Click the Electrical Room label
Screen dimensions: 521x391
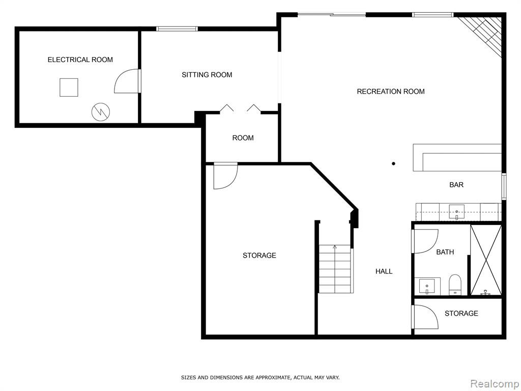(80, 60)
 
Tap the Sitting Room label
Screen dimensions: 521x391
(207, 75)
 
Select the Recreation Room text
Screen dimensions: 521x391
(390, 92)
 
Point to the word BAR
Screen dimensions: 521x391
(456, 185)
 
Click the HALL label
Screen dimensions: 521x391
(384, 271)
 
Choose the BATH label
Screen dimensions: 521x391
(445, 252)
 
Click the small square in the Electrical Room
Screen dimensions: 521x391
(69, 88)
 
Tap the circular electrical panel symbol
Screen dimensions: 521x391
(101, 112)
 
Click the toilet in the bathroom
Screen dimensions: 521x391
(454, 285)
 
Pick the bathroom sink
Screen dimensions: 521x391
(427, 286)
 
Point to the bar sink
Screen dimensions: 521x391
(456, 212)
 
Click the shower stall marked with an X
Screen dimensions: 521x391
(486, 260)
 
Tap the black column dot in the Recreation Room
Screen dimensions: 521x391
(393, 163)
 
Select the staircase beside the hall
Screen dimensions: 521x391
(335, 269)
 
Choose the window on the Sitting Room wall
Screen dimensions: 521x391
(177, 29)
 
